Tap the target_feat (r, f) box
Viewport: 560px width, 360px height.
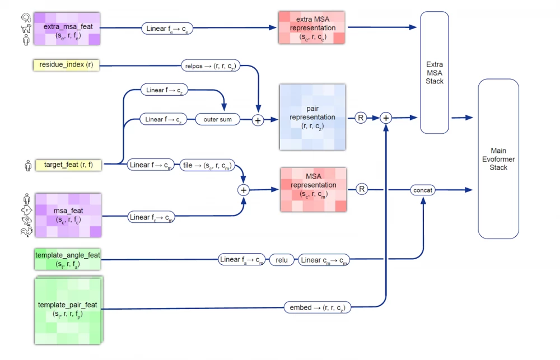coord(68,165)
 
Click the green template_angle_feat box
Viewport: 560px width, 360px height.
coord(68,259)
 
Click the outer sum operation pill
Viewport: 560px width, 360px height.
coord(218,119)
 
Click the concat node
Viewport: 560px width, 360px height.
coord(423,190)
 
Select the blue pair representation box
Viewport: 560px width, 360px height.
coord(312,117)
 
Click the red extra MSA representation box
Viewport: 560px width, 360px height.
coord(312,27)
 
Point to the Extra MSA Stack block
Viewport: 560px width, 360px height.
coord(435,73)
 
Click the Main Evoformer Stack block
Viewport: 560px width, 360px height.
coord(498,159)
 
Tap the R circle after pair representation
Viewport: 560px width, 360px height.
coord(361,118)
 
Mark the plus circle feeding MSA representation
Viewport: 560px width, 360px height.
coord(244,190)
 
